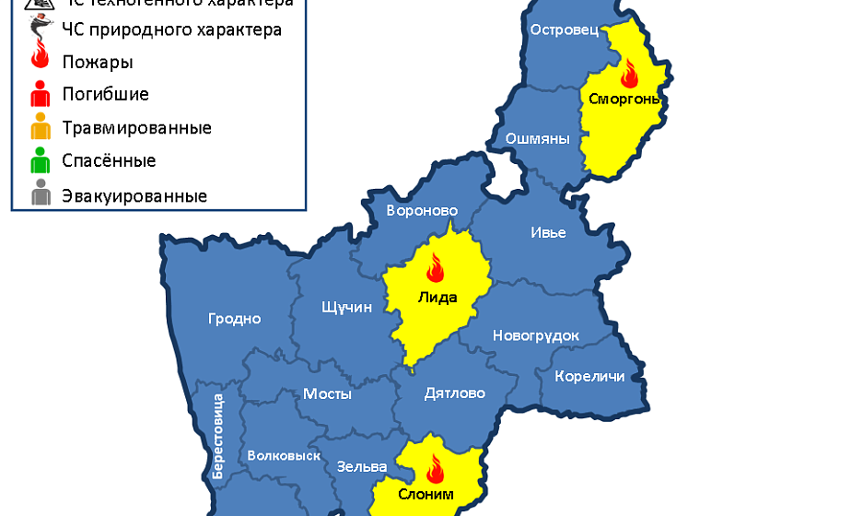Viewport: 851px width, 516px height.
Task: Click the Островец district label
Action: (x=565, y=30)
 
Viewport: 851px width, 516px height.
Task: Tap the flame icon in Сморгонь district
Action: (x=630, y=71)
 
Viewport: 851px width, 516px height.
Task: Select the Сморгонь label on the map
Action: (x=624, y=99)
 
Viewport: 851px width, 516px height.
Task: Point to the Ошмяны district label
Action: (x=537, y=139)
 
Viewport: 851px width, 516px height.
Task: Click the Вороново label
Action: (x=422, y=211)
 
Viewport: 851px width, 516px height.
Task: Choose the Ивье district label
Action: (x=548, y=232)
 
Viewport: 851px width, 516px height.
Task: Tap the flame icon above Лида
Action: (x=435, y=268)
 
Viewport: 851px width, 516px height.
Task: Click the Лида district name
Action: (x=437, y=297)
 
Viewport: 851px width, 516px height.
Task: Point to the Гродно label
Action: (x=234, y=319)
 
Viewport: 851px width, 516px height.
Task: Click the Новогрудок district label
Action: (x=536, y=335)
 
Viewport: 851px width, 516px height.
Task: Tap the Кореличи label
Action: (x=589, y=376)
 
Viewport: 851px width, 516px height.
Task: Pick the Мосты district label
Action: (x=327, y=393)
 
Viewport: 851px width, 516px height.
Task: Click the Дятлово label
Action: (x=454, y=393)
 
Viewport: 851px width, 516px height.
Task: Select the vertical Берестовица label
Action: (x=217, y=436)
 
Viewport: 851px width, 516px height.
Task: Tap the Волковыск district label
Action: (x=284, y=456)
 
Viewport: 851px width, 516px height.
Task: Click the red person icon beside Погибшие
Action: (x=41, y=94)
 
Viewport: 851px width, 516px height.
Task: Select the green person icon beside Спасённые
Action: (x=41, y=161)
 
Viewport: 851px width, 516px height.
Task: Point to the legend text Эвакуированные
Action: (x=134, y=196)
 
